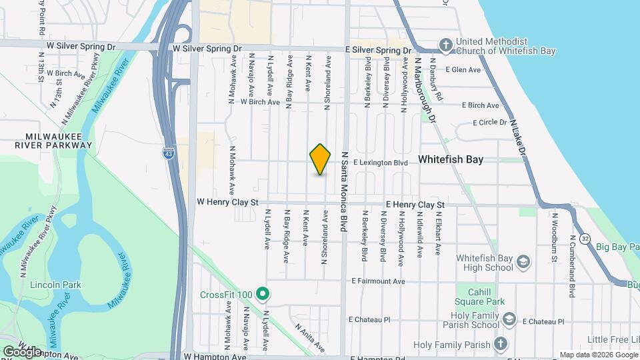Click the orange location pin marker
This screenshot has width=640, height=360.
321,159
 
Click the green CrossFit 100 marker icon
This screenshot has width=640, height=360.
263,294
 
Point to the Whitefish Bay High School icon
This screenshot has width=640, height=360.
523,261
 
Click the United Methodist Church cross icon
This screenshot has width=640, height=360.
446,45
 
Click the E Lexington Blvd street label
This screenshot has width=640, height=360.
380,163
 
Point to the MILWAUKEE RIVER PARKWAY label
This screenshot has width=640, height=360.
58,140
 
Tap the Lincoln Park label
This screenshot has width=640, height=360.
56,285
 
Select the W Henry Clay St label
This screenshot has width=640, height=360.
227,202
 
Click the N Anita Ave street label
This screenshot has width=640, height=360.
310,337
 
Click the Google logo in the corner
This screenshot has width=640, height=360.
23,351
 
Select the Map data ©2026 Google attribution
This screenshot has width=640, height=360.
598,355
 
